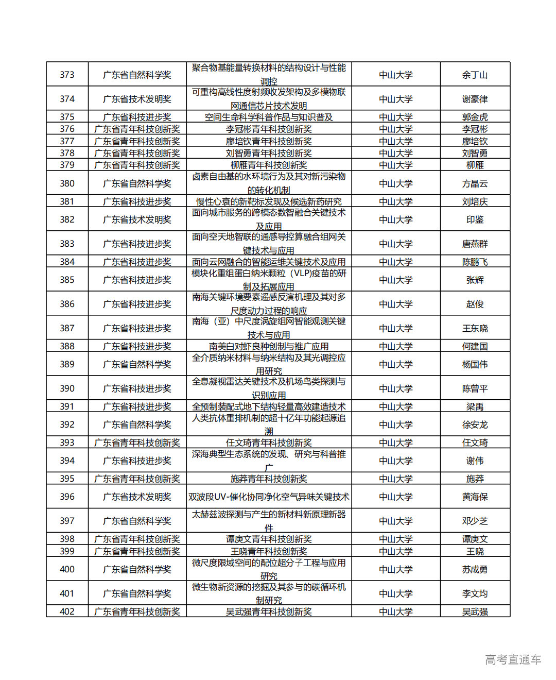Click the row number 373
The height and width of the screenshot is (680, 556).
tap(67, 75)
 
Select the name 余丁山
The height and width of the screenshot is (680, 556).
tap(475, 75)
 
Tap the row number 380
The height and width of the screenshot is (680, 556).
tap(67, 183)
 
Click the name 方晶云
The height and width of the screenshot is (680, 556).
tap(475, 183)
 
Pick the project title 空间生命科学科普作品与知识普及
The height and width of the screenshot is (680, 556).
tap(269, 117)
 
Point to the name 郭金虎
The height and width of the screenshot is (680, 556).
tap(475, 117)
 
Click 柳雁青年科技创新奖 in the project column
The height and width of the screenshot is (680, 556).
tap(269, 165)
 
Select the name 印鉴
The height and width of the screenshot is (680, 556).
tap(475, 219)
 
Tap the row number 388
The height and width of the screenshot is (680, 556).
tap(67, 346)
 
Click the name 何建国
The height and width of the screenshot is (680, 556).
tap(475, 346)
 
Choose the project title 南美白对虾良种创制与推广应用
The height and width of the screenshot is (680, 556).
tap(269, 346)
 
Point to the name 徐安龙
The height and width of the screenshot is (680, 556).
tap(475, 424)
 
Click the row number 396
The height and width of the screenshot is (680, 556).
tap(67, 497)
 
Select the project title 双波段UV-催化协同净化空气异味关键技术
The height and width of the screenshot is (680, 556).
tap(269, 497)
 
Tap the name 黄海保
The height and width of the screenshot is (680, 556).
tap(475, 497)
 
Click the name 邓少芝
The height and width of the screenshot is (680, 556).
tap(475, 521)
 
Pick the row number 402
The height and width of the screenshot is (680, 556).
tap(67, 611)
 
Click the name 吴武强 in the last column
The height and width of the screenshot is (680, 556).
tap(475, 611)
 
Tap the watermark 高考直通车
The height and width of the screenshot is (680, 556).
tap(513, 659)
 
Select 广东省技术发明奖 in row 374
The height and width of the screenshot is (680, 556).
tap(137, 99)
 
